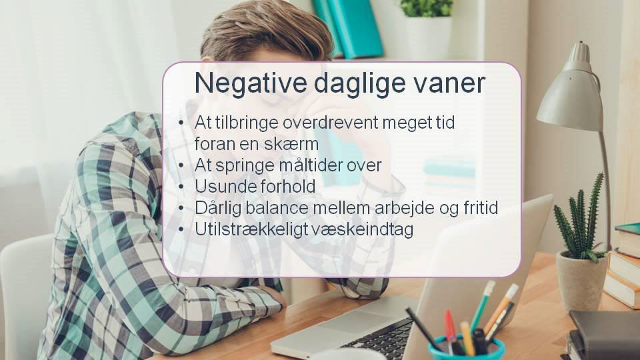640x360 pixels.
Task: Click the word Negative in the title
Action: (x=251, y=83)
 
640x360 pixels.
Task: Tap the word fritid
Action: (x=481, y=208)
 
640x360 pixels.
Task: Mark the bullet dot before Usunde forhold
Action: (x=181, y=187)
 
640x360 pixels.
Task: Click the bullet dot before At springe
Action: (x=181, y=165)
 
